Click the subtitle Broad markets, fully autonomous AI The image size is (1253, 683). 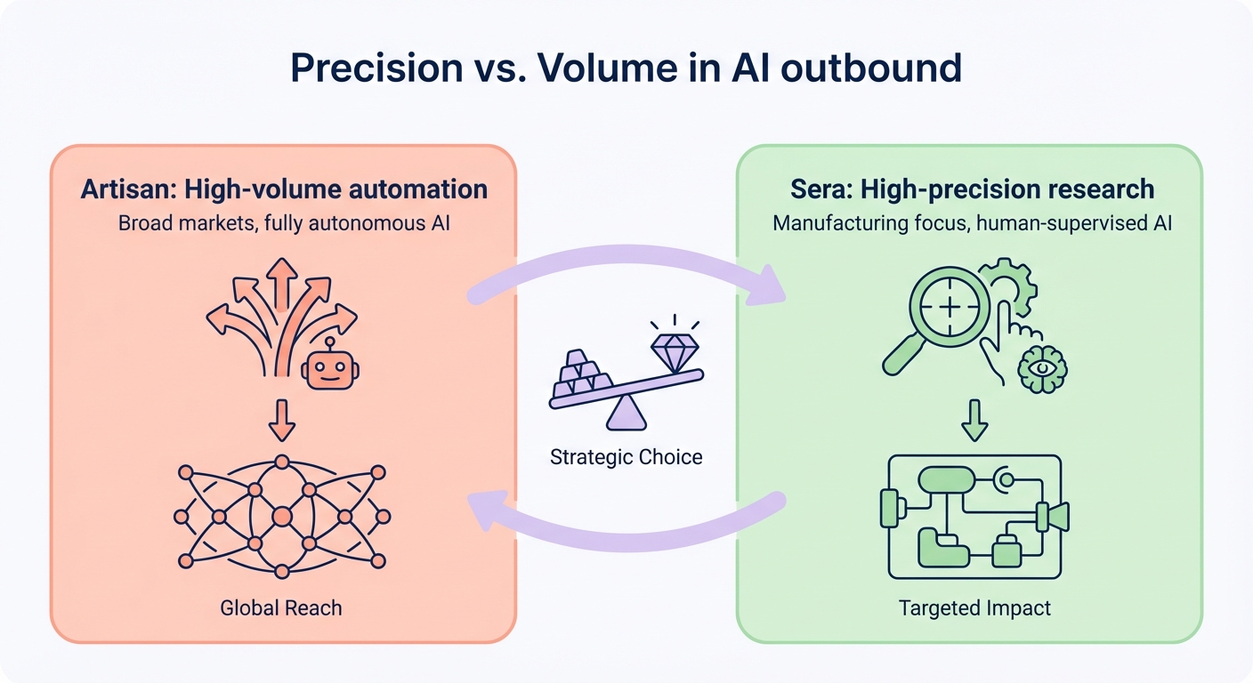(x=284, y=222)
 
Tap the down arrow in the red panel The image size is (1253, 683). (x=282, y=421)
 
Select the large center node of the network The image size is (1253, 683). (x=282, y=516)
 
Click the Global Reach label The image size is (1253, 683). (x=281, y=608)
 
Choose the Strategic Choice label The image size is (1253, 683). (x=626, y=458)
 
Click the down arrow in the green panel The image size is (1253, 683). (x=974, y=421)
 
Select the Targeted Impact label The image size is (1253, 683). (x=974, y=608)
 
